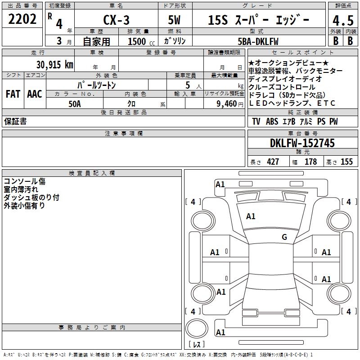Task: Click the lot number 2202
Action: coord(22,19)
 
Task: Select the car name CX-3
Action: coord(116,20)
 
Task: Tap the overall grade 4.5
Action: coord(343,20)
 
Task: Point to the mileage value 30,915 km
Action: coord(54,65)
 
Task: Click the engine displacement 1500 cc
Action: coord(141,41)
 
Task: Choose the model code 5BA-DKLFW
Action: coord(258,41)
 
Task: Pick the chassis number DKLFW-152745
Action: coord(302,143)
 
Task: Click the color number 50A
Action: coord(75,104)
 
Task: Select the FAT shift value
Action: coord(13,94)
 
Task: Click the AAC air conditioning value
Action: coord(35,94)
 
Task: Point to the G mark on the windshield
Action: coord(284,237)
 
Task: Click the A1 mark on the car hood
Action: coord(251,216)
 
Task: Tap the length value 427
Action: coord(273,162)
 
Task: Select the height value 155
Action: coord(346,162)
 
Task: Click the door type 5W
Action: coord(174,20)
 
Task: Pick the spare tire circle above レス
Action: coord(197,328)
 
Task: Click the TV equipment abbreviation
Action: coord(256,121)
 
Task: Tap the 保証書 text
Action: coord(15,121)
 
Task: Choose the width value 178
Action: coord(310,162)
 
